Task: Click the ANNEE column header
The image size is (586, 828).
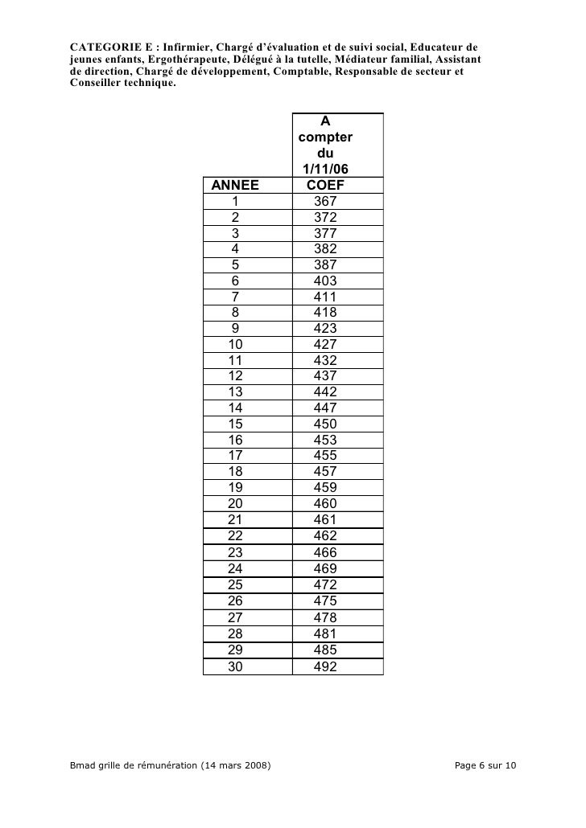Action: point(235,186)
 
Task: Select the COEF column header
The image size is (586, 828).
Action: point(325,186)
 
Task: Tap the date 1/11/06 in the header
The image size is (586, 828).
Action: point(325,170)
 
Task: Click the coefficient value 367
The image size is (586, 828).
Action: point(325,202)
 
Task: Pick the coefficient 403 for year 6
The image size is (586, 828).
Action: point(325,281)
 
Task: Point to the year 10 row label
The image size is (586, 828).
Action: point(235,345)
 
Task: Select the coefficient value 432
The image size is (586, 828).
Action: point(325,361)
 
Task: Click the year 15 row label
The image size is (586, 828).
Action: point(235,424)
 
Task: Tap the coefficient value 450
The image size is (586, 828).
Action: point(325,424)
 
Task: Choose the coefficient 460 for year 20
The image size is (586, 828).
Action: point(325,504)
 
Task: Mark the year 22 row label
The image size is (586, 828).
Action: point(235,536)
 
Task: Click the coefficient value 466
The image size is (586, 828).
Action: point(325,552)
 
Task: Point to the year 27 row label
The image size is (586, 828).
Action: point(235,617)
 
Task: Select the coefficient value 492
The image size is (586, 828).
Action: point(325,666)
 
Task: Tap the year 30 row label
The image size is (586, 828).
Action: point(235,666)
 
